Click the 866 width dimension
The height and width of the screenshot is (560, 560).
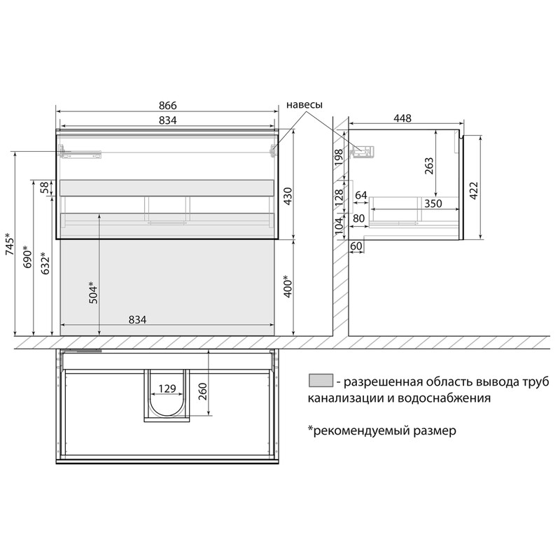pos(167,106)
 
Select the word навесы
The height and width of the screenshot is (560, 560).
pos(304,104)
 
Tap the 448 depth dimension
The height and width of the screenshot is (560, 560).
pos(402,118)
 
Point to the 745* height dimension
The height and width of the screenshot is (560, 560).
pos(10,244)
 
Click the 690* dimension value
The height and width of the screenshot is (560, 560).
pos(27,256)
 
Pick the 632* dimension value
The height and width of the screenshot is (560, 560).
pos(45,263)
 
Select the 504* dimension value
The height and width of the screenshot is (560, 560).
pos(93,293)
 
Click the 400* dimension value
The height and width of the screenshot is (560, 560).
pos(288,286)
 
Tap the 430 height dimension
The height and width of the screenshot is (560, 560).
pos(288,195)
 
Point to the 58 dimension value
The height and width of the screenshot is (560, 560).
pos(45,188)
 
